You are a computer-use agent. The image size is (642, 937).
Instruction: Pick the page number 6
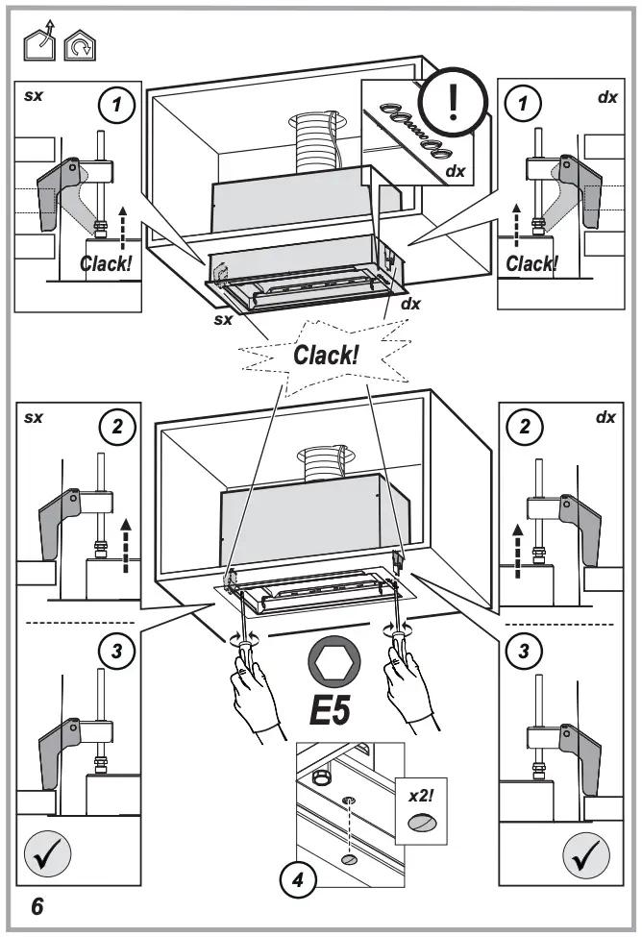36,905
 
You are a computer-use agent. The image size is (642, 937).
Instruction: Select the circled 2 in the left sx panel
118,429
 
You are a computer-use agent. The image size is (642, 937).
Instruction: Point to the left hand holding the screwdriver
253,697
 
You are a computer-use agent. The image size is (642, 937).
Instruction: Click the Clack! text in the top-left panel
106,262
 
